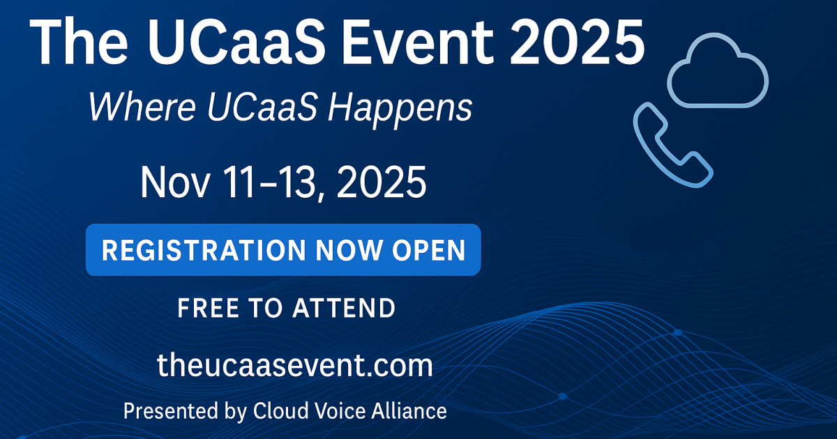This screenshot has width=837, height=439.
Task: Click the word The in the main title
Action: [x=78, y=42]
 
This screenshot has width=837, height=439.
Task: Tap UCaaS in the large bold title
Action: [x=236, y=42]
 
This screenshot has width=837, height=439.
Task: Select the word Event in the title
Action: [x=418, y=42]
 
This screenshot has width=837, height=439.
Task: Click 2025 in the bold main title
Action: [x=578, y=42]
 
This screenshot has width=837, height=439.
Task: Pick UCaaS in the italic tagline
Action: [x=262, y=107]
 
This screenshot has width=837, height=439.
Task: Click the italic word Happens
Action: [x=400, y=110]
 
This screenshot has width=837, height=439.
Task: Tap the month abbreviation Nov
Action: [x=175, y=183]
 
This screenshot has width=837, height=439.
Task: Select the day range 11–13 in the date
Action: [x=269, y=183]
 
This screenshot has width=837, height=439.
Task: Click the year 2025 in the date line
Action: [x=382, y=183]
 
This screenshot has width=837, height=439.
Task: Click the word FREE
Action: [x=208, y=308]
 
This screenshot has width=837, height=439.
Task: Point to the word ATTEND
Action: [x=344, y=308]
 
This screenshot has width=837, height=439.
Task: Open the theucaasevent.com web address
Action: [x=295, y=365]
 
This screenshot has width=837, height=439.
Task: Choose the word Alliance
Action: [x=409, y=410]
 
